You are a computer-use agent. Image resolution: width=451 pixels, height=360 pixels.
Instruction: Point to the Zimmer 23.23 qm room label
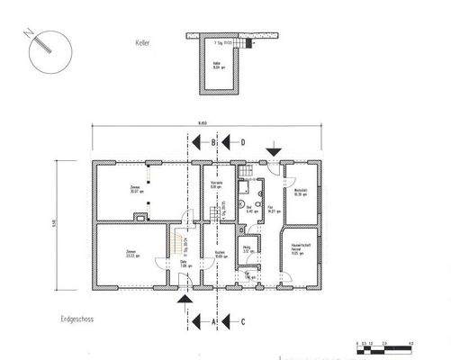coord(131,253)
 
